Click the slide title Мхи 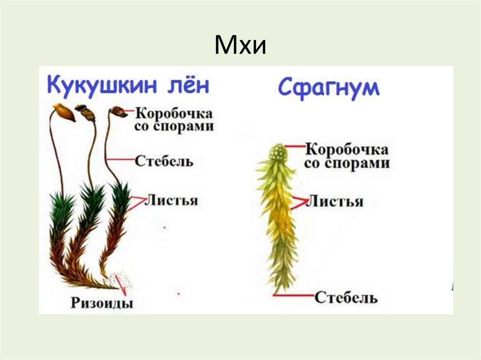click(240, 46)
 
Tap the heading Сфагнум click(328, 88)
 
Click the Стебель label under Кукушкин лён click(164, 161)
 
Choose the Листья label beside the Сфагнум click(334, 202)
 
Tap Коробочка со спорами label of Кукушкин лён click(174, 120)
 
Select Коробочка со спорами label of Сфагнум click(347, 156)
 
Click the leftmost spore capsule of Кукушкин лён click(63, 112)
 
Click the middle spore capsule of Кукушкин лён click(85, 112)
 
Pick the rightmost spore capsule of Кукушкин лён click(118, 112)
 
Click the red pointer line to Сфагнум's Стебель click(294, 295)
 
